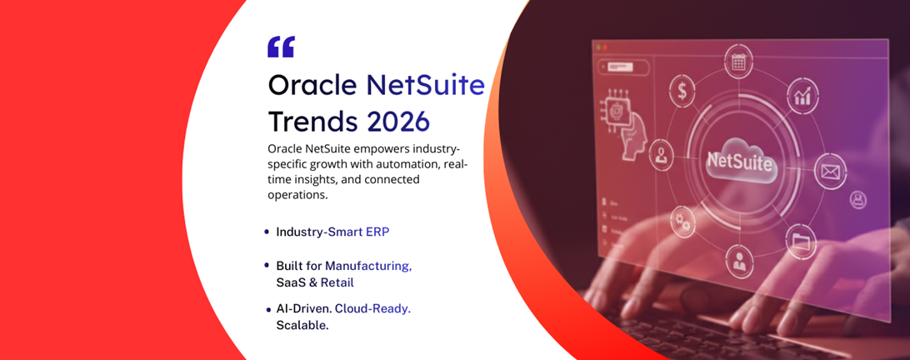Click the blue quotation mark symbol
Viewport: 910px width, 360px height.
tap(281, 47)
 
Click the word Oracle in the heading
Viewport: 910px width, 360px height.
tap(313, 84)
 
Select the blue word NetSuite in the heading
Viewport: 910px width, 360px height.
tap(425, 84)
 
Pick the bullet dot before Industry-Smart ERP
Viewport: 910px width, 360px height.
tap(267, 232)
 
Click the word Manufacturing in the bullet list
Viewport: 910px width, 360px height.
tap(368, 266)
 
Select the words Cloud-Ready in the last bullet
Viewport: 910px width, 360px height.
tap(372, 308)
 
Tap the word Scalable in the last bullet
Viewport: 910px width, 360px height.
tap(302, 325)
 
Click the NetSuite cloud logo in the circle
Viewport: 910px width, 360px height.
tap(739, 162)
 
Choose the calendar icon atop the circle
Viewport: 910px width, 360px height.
tap(738, 62)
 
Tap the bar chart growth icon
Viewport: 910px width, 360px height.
tap(802, 97)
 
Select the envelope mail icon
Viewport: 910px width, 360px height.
tap(828, 172)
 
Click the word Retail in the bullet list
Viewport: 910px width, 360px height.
tap(337, 282)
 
